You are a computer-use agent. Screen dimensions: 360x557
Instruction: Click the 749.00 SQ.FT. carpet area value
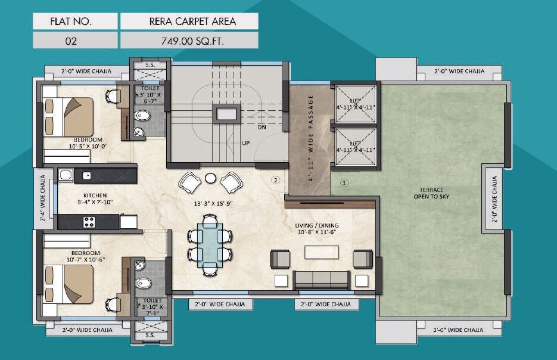click(189, 41)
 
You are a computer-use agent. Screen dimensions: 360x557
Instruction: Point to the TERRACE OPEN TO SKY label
click(435, 193)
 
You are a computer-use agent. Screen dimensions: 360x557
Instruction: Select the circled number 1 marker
click(343, 182)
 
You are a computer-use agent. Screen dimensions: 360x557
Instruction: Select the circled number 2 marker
click(275, 179)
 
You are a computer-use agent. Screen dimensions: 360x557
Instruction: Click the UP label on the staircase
click(245, 143)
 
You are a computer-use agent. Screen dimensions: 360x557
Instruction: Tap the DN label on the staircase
click(262, 127)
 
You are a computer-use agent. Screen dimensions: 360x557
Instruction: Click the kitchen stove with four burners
click(89, 222)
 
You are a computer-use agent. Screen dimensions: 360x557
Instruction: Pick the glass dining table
click(210, 244)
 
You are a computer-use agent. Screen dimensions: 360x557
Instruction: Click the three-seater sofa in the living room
click(322, 279)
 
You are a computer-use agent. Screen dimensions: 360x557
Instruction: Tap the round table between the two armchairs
click(210, 178)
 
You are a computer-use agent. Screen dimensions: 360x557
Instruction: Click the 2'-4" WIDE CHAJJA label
click(43, 197)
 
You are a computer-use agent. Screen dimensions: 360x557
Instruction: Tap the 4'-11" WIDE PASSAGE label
click(310, 137)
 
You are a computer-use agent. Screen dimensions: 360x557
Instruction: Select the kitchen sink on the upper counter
click(86, 175)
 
